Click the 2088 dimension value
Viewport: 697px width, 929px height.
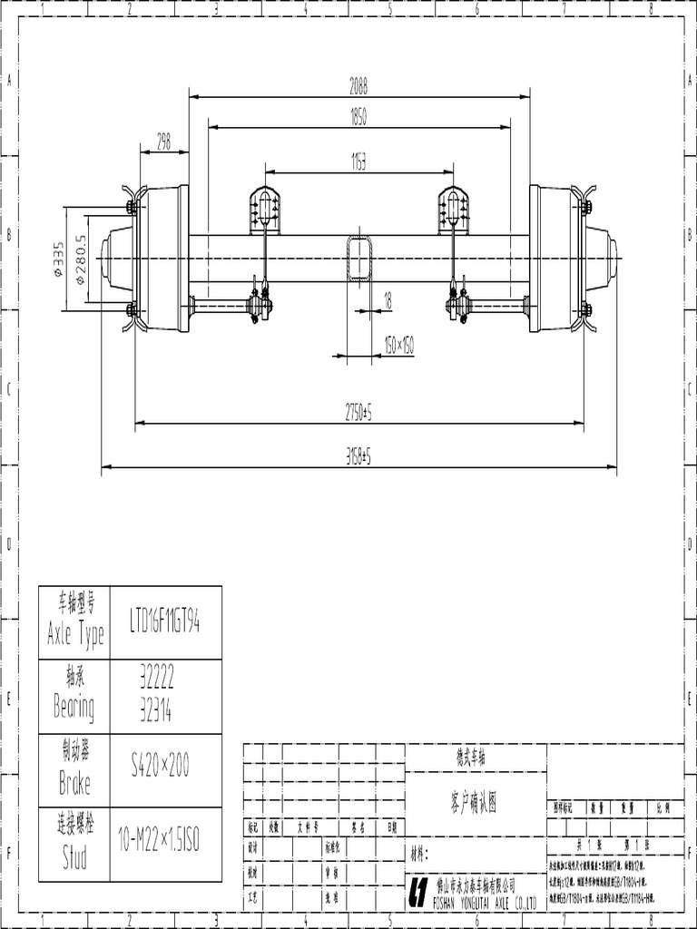(359, 86)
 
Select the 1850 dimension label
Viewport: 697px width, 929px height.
(359, 118)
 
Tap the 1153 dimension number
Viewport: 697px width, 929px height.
(358, 161)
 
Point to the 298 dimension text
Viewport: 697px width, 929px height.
(163, 142)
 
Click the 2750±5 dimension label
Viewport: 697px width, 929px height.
(359, 413)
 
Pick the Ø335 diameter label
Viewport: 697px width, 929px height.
(59, 260)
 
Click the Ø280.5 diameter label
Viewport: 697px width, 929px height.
(80, 260)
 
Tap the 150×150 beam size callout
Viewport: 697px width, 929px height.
(398, 346)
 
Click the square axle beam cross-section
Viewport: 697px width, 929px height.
(359, 259)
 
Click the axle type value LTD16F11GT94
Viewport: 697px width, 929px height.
(165, 622)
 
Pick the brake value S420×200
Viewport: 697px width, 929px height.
(160, 768)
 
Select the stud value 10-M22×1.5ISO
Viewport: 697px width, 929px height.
(159, 842)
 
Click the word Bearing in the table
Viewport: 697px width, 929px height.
(74, 707)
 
